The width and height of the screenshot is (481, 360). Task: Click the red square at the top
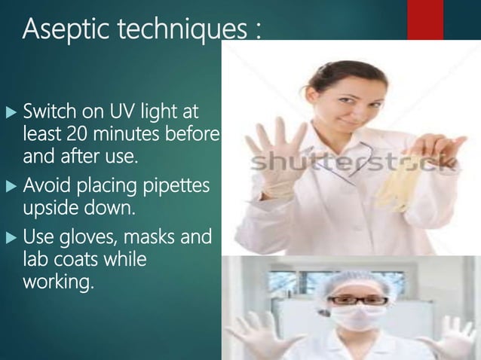[425, 19]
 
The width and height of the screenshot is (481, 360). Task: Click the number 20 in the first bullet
[75, 136]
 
